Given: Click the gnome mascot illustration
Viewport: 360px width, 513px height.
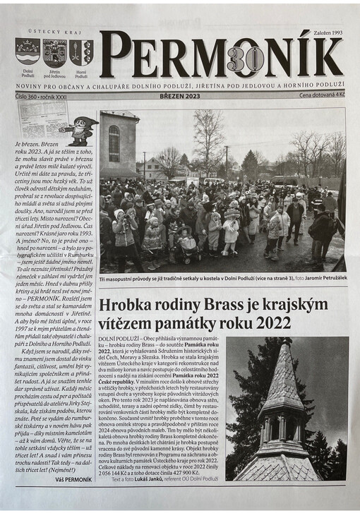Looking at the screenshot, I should point(80,130).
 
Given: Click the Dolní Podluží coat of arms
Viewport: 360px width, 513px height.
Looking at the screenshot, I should point(28,53).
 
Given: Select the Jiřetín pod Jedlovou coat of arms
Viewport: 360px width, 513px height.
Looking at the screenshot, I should point(55,53).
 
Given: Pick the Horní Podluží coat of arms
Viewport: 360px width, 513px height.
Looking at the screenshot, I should point(81,53).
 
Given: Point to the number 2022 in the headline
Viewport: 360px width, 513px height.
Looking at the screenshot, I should point(268,323).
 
